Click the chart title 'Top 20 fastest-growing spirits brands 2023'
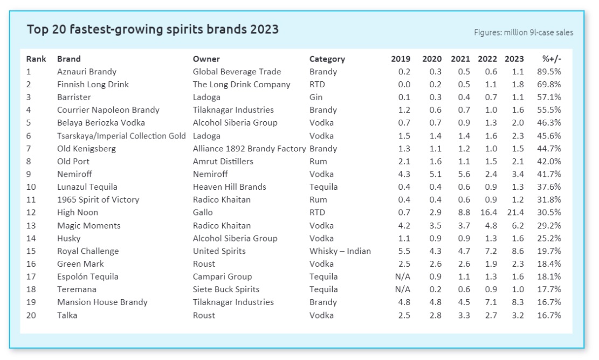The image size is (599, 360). (x=153, y=29)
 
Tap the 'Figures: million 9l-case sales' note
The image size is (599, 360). (x=523, y=32)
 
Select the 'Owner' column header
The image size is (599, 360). (x=206, y=59)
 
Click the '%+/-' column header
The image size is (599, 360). (x=552, y=59)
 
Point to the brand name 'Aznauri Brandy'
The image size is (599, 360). (x=87, y=72)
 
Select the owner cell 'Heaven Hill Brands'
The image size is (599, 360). (x=230, y=187)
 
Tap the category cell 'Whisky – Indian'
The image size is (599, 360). (x=340, y=251)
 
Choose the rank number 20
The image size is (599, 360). (x=31, y=315)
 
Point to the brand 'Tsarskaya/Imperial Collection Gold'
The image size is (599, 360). (x=121, y=136)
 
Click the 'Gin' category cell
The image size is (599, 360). (x=316, y=97)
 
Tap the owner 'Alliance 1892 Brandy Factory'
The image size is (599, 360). (x=249, y=149)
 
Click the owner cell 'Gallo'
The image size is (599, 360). (x=203, y=212)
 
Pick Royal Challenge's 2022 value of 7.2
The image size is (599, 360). (x=487, y=251)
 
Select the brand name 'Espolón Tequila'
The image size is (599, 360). (x=88, y=276)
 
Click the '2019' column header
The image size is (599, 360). (x=401, y=59)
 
